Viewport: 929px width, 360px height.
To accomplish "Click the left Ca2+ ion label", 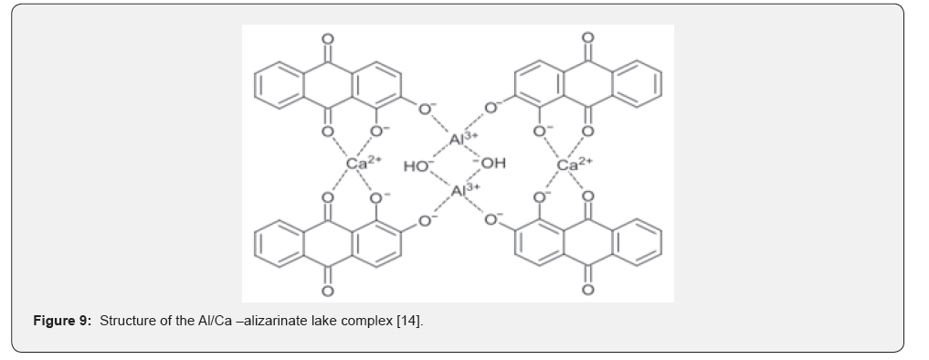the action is (x=364, y=163).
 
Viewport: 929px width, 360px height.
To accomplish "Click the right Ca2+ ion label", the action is (x=574, y=164).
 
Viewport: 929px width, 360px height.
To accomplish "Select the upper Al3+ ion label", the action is (x=464, y=139).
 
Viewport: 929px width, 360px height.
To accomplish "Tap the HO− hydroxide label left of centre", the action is (x=418, y=166).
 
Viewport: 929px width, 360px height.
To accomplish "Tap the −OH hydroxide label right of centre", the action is (x=490, y=163).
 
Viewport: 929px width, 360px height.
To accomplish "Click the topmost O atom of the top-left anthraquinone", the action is (x=328, y=39).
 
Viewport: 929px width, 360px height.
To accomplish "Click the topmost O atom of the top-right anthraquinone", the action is (x=587, y=38).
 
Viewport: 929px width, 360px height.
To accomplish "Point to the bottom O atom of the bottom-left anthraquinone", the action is (x=328, y=291).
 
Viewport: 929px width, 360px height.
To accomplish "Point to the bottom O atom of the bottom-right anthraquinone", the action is (x=587, y=290).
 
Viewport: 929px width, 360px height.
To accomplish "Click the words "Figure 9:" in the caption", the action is (x=62, y=321).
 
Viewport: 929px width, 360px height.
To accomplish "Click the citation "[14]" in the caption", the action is (x=410, y=321).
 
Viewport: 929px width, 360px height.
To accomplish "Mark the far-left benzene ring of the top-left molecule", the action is (x=279, y=85).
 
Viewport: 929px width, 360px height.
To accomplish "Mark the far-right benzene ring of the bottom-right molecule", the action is (x=637, y=242).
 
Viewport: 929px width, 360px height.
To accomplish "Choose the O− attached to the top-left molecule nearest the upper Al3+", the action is (x=427, y=108).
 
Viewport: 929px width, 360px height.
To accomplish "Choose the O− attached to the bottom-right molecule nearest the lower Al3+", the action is (x=493, y=219).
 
